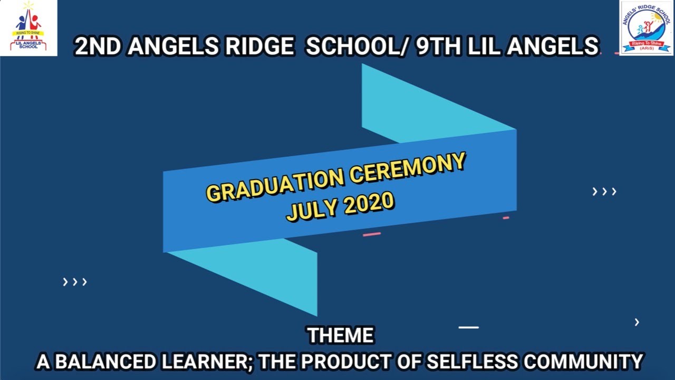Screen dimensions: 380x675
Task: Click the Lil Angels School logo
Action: pos(28,28)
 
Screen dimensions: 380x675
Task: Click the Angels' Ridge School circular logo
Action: pos(647,28)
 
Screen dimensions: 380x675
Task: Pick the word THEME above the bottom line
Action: pos(340,336)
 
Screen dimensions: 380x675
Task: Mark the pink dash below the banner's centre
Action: pos(372,234)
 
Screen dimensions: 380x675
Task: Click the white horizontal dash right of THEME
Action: pos(468,327)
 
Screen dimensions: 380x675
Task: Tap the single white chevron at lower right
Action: pos(637,322)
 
